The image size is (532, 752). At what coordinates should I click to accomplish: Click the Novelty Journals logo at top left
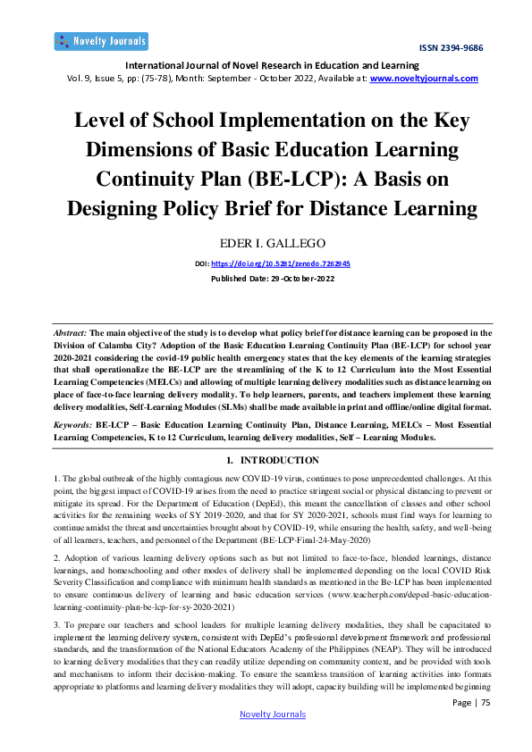pos(100,41)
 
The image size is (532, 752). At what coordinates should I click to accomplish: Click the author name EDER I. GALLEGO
pos(266,243)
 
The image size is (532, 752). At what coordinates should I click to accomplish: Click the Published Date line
pos(266,279)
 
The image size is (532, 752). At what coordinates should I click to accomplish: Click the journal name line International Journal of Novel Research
pos(266,65)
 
